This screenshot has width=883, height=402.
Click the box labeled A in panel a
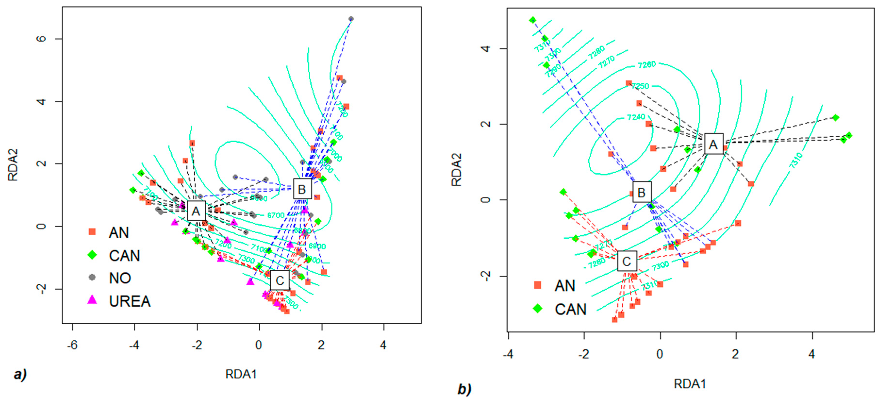[x=196, y=211]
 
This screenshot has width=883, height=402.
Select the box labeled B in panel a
[x=302, y=189]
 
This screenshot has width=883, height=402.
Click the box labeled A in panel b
[x=713, y=144]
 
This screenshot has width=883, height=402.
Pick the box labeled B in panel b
[x=641, y=192]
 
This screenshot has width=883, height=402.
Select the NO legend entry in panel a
[x=120, y=278]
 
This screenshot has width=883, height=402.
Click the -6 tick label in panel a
[x=72, y=345]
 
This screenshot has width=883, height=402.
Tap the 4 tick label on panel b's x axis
[x=811, y=354]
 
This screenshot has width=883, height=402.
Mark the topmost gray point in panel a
[x=351, y=19]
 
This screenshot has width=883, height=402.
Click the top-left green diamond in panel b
[x=532, y=20]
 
